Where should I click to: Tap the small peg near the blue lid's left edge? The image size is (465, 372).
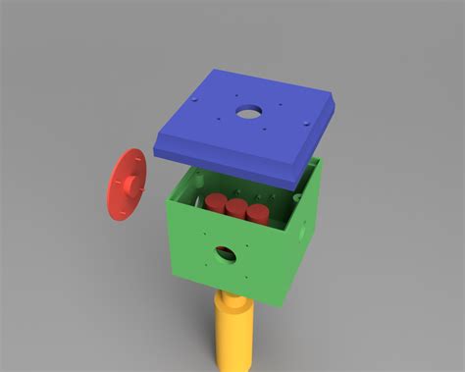click(x=196, y=101)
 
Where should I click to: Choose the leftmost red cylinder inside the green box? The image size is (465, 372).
click(x=216, y=202)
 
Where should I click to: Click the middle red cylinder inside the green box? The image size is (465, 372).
click(x=236, y=207)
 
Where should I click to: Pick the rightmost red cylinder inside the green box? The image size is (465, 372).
click(x=257, y=213)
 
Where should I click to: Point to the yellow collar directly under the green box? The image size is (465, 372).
click(x=233, y=294)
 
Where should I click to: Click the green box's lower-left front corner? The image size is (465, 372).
click(x=175, y=272)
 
